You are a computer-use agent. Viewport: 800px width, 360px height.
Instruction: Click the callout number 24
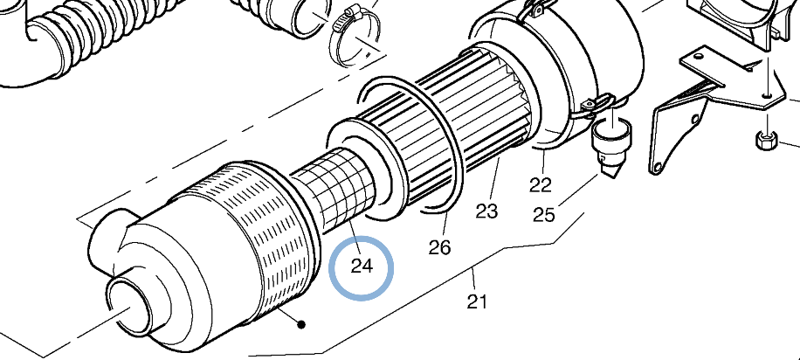tap(362, 265)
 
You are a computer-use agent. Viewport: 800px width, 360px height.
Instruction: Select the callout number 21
tap(476, 301)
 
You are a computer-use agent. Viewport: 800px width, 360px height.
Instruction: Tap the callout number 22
tap(541, 184)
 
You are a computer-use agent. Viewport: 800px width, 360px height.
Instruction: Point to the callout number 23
tap(486, 211)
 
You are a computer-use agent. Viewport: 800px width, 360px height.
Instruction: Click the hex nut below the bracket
tap(767, 140)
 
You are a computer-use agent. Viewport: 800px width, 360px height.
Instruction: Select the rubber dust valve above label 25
tap(610, 143)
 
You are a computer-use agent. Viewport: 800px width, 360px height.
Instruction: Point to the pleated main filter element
tap(454, 131)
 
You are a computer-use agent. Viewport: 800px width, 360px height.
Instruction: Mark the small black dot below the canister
tap(301, 324)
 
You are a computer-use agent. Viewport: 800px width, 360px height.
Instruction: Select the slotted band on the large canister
tap(253, 236)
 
